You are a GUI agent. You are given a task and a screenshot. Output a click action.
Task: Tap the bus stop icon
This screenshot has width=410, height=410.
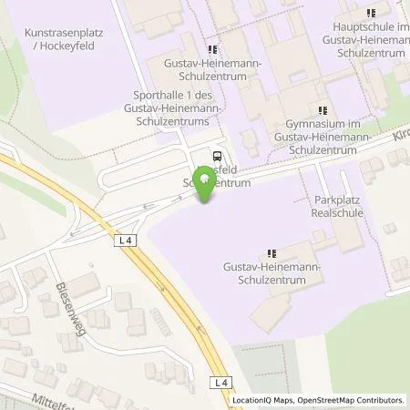coord(217,156)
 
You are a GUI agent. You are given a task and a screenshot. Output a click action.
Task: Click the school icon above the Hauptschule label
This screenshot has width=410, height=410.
coord(370,13)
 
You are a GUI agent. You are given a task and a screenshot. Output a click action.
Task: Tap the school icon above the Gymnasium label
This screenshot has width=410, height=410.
coord(322,110)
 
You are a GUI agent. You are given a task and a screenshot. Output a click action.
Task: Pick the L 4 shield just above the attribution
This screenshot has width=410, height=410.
coord(220,384)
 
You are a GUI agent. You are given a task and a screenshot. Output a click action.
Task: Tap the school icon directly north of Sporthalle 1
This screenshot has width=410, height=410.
coord(212,49)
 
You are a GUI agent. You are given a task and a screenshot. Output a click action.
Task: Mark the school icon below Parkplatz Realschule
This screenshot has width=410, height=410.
coord(271,253)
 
